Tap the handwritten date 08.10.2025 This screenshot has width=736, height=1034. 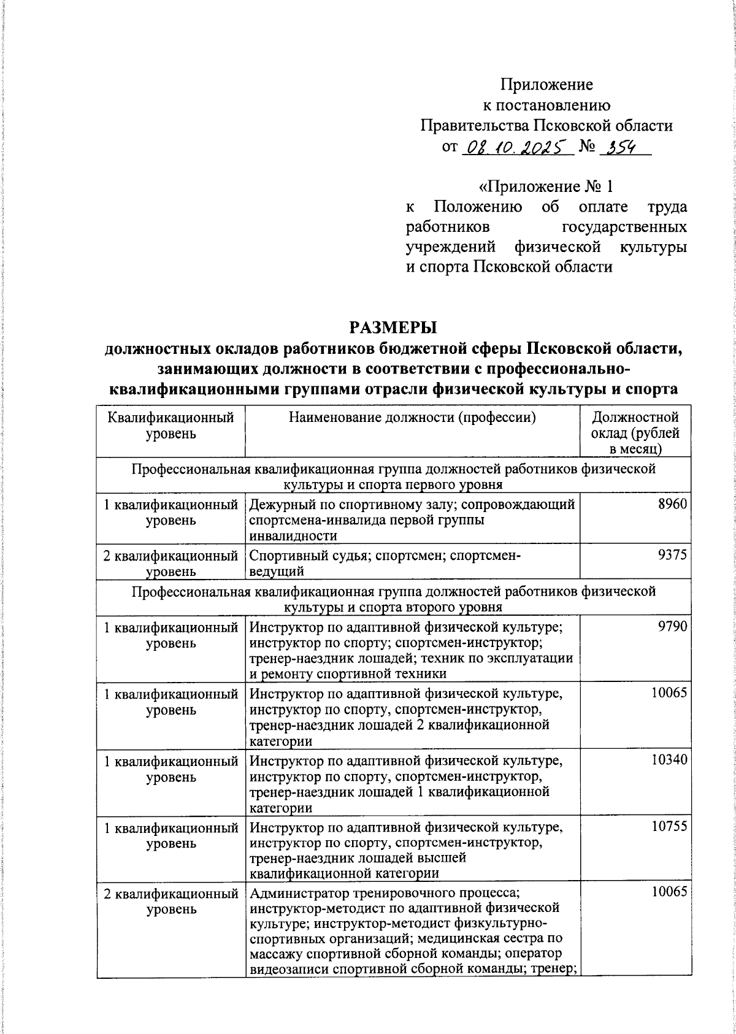[515, 147]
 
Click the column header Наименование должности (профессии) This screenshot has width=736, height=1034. [412, 418]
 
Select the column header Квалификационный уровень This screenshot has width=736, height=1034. [171, 426]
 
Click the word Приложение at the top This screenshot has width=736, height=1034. [546, 84]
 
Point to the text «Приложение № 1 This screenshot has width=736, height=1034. [545, 186]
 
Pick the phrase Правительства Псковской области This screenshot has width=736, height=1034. [546, 126]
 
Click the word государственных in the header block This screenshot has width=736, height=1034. [624, 227]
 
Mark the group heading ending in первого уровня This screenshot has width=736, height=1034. [393, 478]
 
